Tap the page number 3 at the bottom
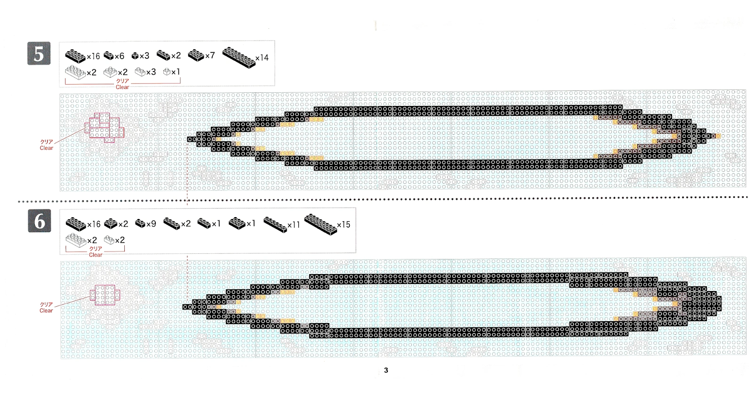[386, 370]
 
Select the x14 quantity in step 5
[262, 58]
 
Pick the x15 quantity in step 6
[344, 225]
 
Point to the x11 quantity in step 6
[293, 225]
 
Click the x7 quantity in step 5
[210, 56]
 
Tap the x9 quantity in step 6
[151, 224]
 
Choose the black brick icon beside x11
[275, 224]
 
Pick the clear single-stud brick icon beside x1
[167, 72]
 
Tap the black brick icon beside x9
[140, 223]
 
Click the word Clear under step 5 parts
[122, 87]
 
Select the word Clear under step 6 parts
[96, 255]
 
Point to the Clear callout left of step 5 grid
[47, 148]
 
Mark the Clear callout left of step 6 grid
[46, 310]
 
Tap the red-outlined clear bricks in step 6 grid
[105, 295]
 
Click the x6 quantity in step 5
[119, 56]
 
